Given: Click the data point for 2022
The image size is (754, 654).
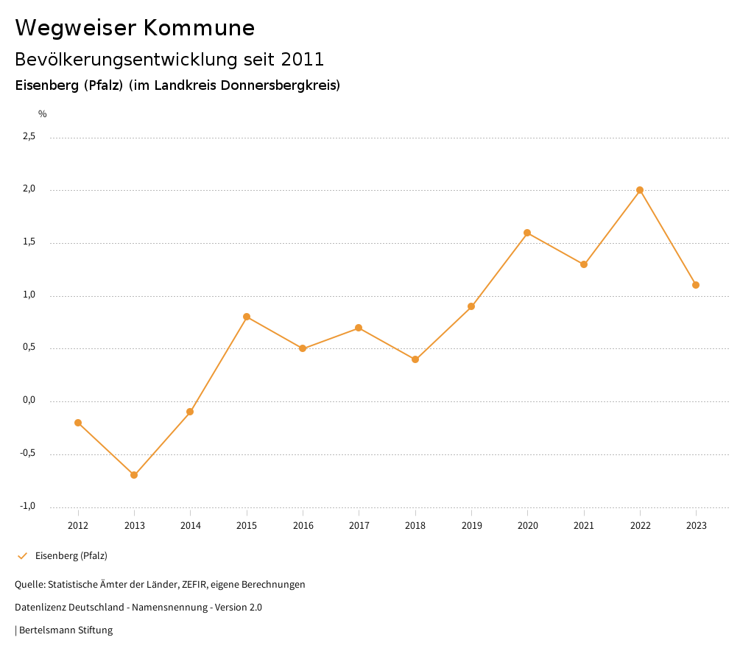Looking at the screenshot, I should (640, 190).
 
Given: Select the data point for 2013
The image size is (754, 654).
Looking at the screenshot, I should (134, 475).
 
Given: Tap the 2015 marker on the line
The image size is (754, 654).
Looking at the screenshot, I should (247, 317).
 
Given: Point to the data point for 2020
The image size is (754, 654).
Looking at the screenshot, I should (527, 233).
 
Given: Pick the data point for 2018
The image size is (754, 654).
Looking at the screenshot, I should (415, 359).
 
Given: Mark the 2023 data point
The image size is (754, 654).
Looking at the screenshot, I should (696, 285).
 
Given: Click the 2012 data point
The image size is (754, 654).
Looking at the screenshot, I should (78, 423).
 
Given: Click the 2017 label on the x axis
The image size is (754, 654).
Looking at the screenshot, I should (359, 525).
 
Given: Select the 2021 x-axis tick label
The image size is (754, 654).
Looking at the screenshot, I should (584, 525).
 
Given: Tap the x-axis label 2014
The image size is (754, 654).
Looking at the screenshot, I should (190, 525).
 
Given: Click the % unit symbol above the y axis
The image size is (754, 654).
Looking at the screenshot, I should (43, 114).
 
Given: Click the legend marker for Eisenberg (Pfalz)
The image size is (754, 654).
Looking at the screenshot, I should (22, 556).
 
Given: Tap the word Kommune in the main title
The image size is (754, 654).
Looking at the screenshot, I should (199, 28).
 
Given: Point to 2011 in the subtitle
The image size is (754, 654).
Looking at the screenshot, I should (303, 59).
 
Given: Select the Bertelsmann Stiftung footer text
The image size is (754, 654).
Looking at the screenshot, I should (66, 630).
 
